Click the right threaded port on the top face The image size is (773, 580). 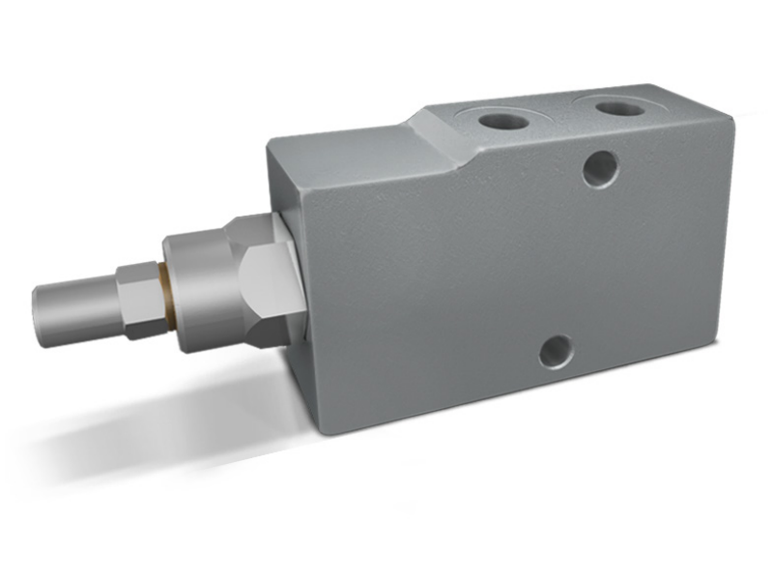pos(619,106)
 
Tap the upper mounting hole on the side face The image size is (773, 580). pos(600,169)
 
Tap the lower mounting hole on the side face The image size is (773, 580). pos(556,351)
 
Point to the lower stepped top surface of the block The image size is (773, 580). pos(338,145)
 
